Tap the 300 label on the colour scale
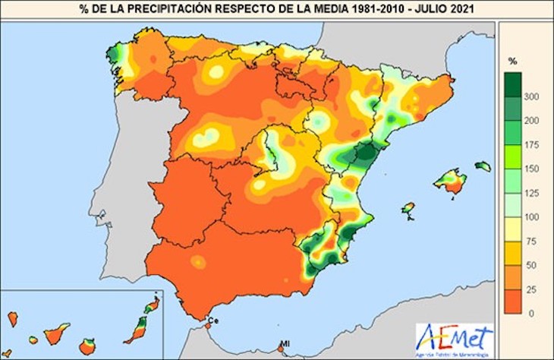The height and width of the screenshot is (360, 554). tap(532, 96)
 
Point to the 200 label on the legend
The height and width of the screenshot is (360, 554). tap(532, 120)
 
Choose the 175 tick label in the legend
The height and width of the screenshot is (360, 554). tap(532, 144)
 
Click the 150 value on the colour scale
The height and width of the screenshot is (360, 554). tap(532, 168)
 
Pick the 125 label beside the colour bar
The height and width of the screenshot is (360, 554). tap(532, 192)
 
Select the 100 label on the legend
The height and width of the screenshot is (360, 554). tap(532, 216)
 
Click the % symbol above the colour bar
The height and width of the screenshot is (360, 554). tap(512, 60)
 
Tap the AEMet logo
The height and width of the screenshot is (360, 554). tap(454, 336)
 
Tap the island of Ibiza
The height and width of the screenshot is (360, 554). tap(408, 207)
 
